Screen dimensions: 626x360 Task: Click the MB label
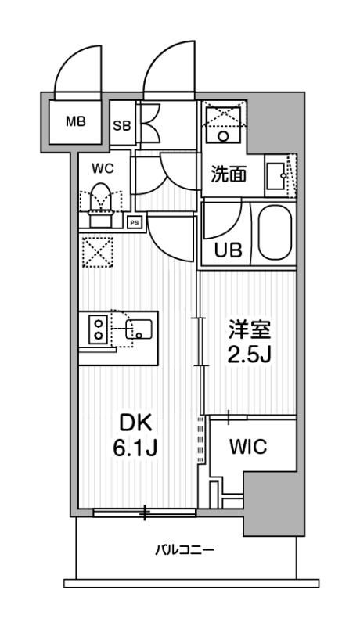coord(76,121)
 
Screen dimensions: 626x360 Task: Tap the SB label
coord(122,125)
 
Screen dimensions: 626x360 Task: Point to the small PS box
coord(134,221)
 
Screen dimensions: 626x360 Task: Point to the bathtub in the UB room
coord(273,233)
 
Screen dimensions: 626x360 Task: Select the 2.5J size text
coord(250,354)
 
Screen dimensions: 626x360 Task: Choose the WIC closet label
coord(248,447)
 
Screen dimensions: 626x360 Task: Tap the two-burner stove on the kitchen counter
coord(99,329)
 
